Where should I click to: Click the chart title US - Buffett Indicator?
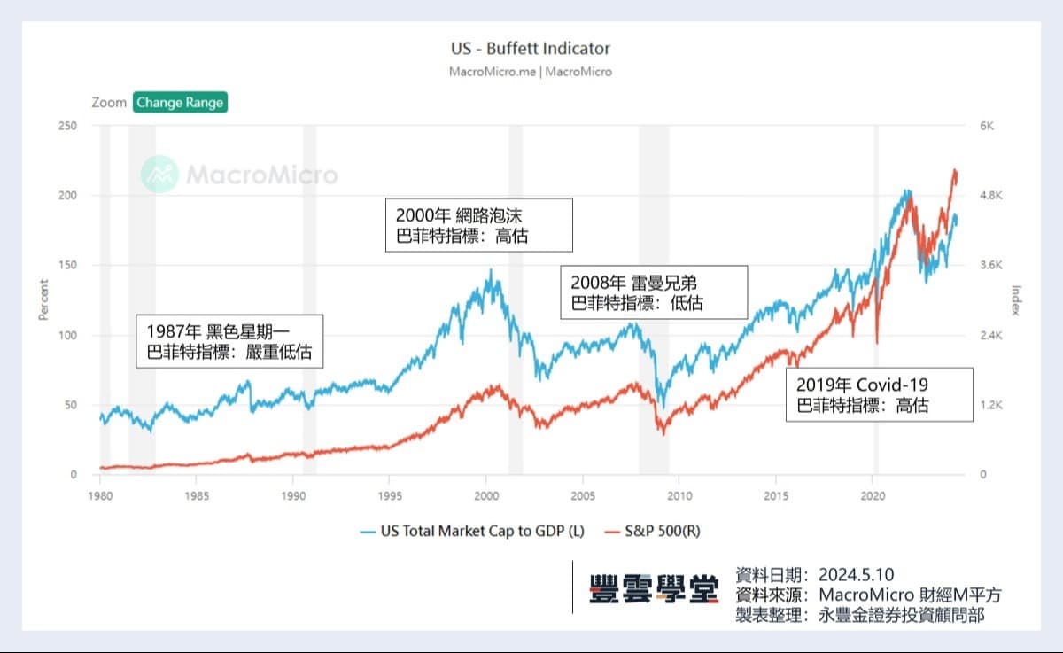[531, 49]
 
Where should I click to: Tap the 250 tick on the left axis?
[67, 126]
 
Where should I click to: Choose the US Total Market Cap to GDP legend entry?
[473, 531]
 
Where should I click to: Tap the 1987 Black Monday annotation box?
[229, 341]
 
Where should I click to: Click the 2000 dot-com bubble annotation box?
[478, 225]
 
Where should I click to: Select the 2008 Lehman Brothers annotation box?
[654, 292]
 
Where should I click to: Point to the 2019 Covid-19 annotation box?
[880, 395]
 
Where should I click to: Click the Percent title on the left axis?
[43, 299]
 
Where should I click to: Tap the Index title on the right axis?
[1016, 299]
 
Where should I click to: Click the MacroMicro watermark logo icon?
[159, 175]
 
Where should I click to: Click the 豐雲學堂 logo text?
[655, 589]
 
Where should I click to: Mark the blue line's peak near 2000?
[490, 269]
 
